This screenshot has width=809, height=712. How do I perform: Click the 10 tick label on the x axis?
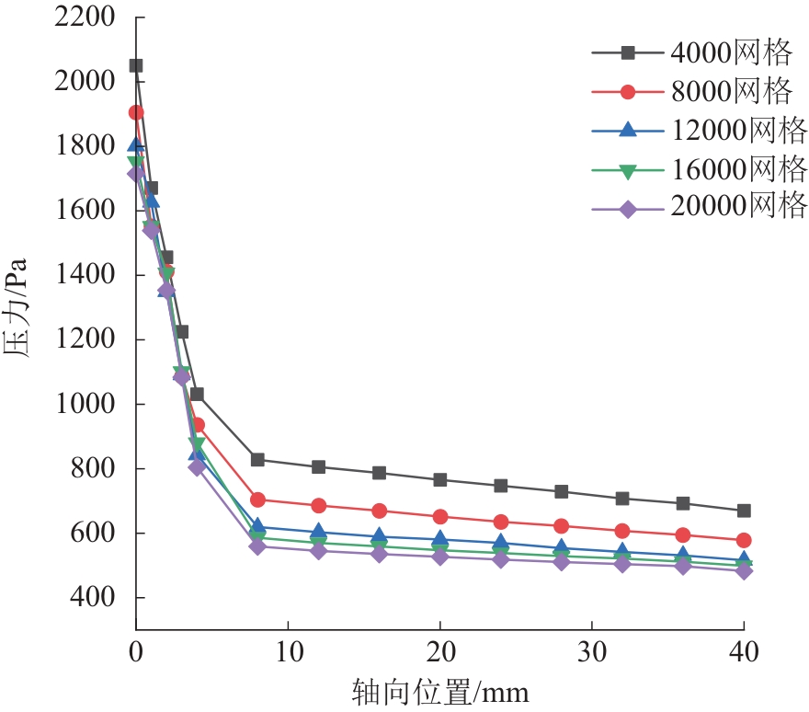[288, 653]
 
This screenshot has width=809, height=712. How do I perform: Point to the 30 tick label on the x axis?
[591, 653]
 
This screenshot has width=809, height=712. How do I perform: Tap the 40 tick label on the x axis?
[743, 653]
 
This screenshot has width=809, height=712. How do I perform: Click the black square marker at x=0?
[136, 65]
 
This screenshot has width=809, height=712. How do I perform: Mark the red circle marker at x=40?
[743, 540]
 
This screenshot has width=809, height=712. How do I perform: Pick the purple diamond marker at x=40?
[743, 571]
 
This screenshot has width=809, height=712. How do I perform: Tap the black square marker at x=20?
[439, 480]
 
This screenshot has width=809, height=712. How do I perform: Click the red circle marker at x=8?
[257, 500]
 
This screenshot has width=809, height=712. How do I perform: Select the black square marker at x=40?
[743, 511]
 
